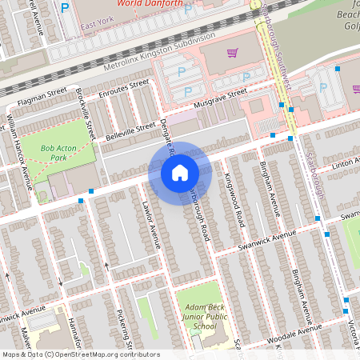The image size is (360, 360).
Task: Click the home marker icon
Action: click(x=179, y=173)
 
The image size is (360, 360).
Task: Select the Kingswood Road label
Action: click(x=233, y=198)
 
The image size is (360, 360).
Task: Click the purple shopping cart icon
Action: click(x=232, y=53)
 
